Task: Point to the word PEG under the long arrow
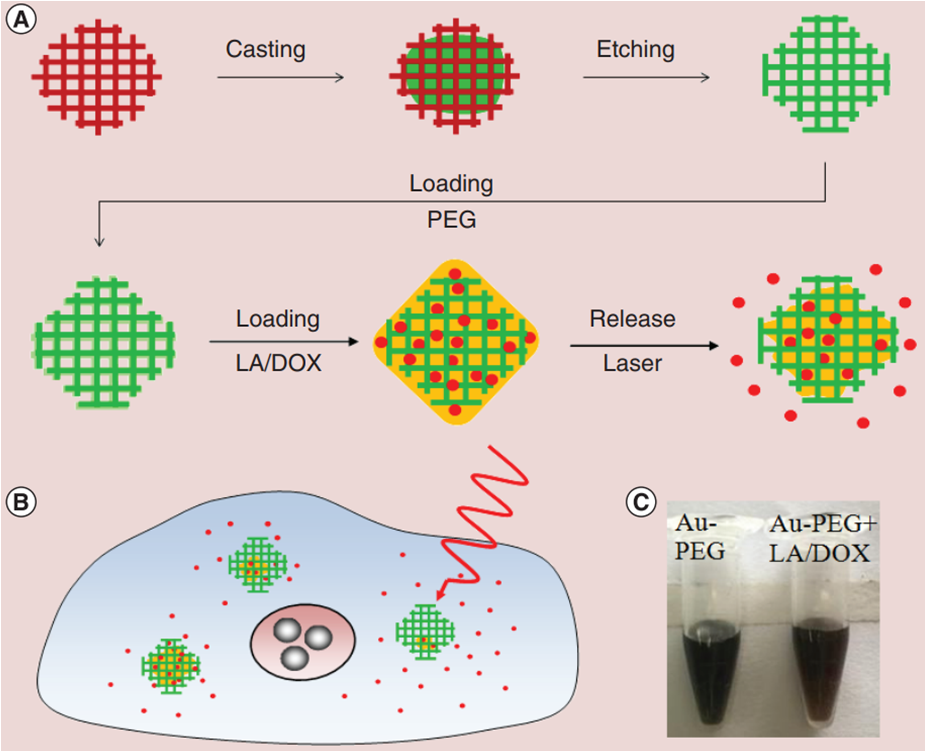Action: click(x=452, y=220)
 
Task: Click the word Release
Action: click(x=632, y=319)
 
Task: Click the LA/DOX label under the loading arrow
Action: click(x=278, y=363)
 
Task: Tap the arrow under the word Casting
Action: click(x=280, y=78)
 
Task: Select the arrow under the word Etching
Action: click(x=646, y=78)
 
